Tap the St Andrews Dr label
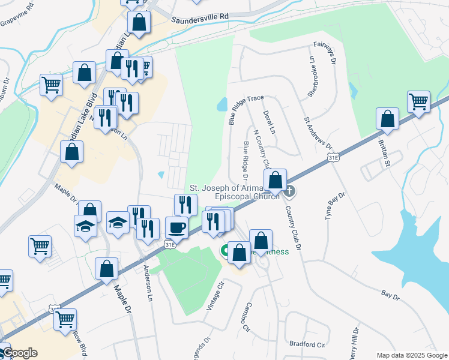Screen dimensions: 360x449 coord(318,133)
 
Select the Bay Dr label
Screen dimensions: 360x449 coord(390,295)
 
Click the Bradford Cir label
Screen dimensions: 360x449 coord(307,344)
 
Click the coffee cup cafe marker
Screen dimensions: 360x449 coord(176,227)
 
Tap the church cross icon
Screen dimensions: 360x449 coord(289,192)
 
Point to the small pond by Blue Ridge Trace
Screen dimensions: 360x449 coord(222,105)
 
